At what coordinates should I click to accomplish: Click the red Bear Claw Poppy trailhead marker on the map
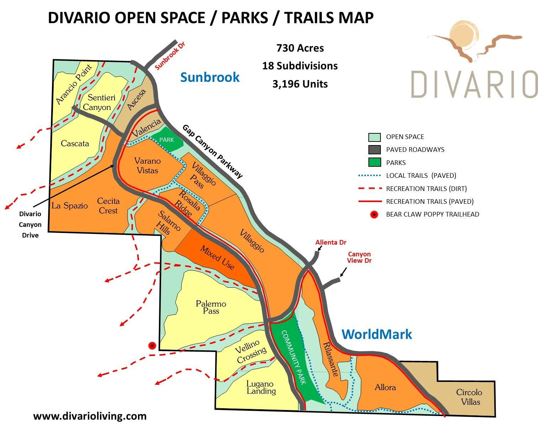coord(152,345)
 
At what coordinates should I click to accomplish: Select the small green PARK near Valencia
coord(167,140)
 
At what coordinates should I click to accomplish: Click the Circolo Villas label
coord(469,397)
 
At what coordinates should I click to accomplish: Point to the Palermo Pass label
coord(211,307)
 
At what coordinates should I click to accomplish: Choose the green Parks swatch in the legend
coord(374,163)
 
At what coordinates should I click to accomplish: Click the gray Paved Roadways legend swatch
coord(374,150)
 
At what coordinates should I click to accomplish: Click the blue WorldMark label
coord(377,334)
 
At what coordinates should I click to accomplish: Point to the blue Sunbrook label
coord(210,77)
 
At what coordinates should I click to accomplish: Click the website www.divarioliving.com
coord(90,416)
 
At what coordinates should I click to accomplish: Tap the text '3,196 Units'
coord(300,84)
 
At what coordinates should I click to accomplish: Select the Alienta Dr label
coord(331,243)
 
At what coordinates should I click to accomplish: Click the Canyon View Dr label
coord(359,257)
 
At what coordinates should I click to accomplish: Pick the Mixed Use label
coord(217,257)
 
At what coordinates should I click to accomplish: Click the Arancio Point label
coord(74,84)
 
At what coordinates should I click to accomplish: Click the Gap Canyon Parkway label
coord(213,151)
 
